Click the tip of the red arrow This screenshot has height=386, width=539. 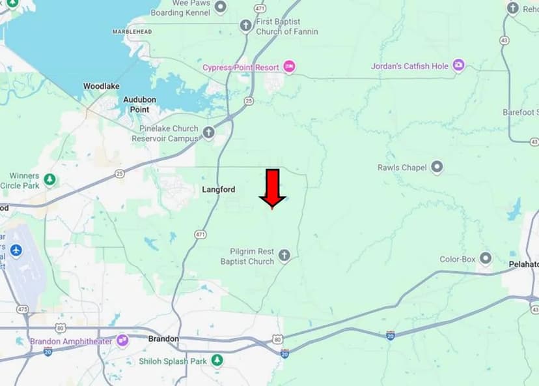click(272, 208)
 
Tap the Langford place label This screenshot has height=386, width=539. click(218, 190)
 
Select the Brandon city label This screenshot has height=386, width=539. click(163, 339)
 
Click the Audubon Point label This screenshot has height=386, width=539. click(140, 104)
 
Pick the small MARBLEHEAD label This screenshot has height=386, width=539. click(131, 31)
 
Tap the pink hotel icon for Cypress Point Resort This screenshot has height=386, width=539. click(289, 67)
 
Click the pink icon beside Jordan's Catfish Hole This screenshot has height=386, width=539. click(458, 66)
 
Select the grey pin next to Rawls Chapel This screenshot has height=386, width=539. click(437, 168)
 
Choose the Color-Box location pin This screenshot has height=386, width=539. click(485, 258)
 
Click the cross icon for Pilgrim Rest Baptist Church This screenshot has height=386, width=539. click(284, 256)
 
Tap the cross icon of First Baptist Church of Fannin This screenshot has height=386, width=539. click(245, 26)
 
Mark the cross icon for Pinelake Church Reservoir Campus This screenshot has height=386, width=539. click(209, 133)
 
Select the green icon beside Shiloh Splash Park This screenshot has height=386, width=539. click(217, 361)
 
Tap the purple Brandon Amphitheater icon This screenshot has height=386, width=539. click(122, 340)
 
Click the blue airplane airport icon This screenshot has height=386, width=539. click(16, 250)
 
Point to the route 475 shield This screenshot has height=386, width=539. click(23, 309)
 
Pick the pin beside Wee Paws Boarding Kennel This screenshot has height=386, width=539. click(220, 7)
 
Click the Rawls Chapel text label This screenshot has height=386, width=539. click(402, 168)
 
